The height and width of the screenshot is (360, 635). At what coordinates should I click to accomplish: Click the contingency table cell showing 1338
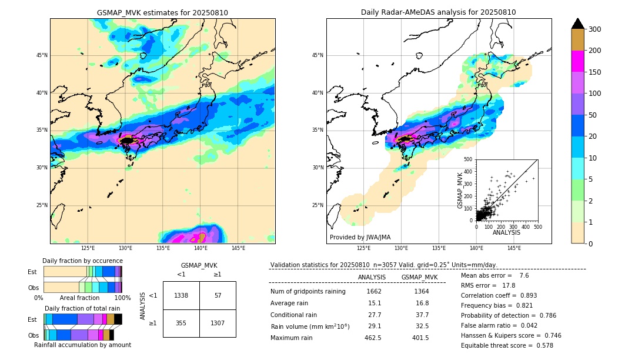click(x=181, y=295)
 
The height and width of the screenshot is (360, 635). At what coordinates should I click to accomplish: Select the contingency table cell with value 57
click(x=218, y=295)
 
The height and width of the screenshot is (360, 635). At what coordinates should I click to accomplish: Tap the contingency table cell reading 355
click(x=181, y=324)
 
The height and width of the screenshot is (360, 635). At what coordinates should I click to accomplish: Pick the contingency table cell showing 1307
click(x=218, y=324)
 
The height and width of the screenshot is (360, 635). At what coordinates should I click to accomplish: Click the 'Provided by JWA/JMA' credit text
click(x=360, y=238)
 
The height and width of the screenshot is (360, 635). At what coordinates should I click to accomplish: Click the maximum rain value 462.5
click(x=372, y=338)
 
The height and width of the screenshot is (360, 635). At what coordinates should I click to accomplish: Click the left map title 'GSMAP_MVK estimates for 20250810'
click(x=162, y=12)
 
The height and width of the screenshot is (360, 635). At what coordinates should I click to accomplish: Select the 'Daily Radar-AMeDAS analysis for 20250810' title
click(x=439, y=12)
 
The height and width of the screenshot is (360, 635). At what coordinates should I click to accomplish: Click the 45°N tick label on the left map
click(x=42, y=55)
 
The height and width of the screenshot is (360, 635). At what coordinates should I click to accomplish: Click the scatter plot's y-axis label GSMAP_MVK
click(x=461, y=190)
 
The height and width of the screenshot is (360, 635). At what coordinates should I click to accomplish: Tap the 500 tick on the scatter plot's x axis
click(x=537, y=226)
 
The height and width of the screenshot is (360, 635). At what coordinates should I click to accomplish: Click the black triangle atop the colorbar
click(x=578, y=24)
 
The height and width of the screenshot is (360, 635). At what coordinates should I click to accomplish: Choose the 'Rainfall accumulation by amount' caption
click(x=82, y=345)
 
